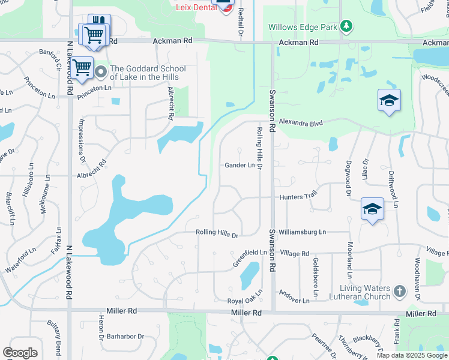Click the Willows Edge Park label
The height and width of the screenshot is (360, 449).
302,27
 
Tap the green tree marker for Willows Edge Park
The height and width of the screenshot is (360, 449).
346,26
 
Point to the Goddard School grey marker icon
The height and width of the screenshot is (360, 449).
101,73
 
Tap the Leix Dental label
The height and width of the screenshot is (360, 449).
194,8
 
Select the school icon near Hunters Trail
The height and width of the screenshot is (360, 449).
372,209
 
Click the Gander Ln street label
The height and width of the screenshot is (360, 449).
240,166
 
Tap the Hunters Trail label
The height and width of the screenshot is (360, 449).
297,197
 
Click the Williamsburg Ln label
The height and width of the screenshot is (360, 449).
306,232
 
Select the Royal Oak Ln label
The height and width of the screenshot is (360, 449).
245,300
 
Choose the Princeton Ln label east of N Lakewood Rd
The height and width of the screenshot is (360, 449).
94,88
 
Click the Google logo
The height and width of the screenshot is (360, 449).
20,353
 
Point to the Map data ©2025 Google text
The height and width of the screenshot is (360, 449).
411,355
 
